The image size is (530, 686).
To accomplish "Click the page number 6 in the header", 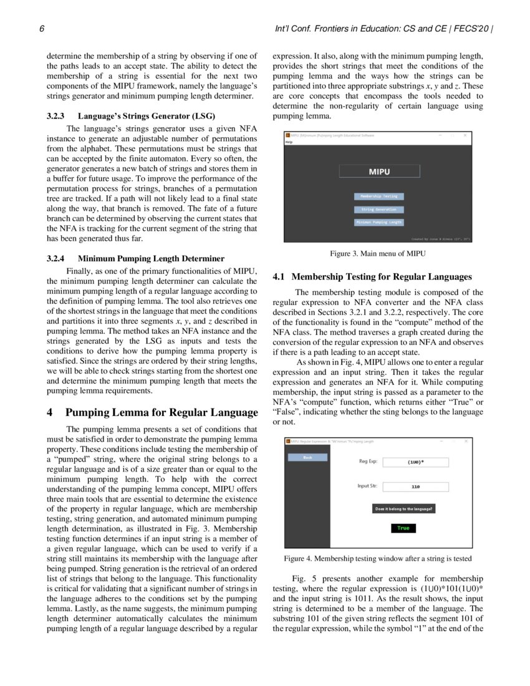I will coord(41,29).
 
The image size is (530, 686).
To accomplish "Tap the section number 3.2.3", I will coord(59,116).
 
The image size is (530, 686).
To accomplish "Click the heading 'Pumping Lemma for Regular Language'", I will coord(161,412).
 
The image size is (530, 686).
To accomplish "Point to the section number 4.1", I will coord(279,277).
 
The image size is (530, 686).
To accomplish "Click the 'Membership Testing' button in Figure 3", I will coord(378,196).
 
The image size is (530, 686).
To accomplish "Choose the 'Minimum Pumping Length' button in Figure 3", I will coord(378,222).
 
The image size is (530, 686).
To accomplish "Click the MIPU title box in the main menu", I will coord(379,171).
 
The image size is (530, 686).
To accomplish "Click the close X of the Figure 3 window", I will coord(465,135).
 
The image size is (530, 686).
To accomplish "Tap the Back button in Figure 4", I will coord(307,457).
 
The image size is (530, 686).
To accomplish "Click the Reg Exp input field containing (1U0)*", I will coord(416,462).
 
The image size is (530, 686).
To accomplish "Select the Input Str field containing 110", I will coord(416,486).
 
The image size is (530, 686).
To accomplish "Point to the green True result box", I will coord(403,528).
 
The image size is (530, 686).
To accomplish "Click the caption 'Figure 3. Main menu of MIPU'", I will coord(378,254).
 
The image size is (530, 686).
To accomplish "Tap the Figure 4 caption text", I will coord(378,558).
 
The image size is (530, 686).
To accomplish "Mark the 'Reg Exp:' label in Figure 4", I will coord(367,462).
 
